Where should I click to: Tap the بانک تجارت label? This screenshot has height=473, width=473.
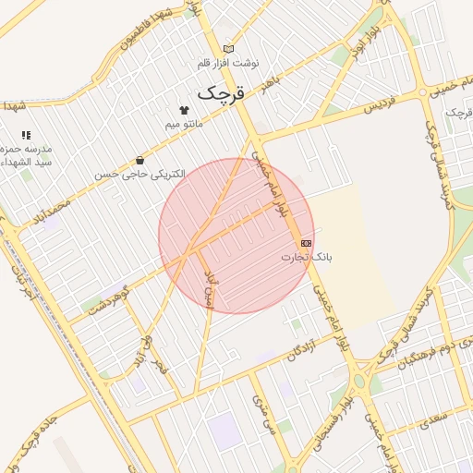306,256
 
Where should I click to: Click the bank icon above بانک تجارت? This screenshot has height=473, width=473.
306,242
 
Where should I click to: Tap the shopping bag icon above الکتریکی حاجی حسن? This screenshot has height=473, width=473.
139,160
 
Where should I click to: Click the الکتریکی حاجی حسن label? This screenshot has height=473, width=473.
139,174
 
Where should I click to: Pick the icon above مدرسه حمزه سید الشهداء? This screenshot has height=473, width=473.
26,135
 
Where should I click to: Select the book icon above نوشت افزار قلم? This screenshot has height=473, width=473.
229,49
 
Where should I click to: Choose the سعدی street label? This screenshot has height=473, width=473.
435,420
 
